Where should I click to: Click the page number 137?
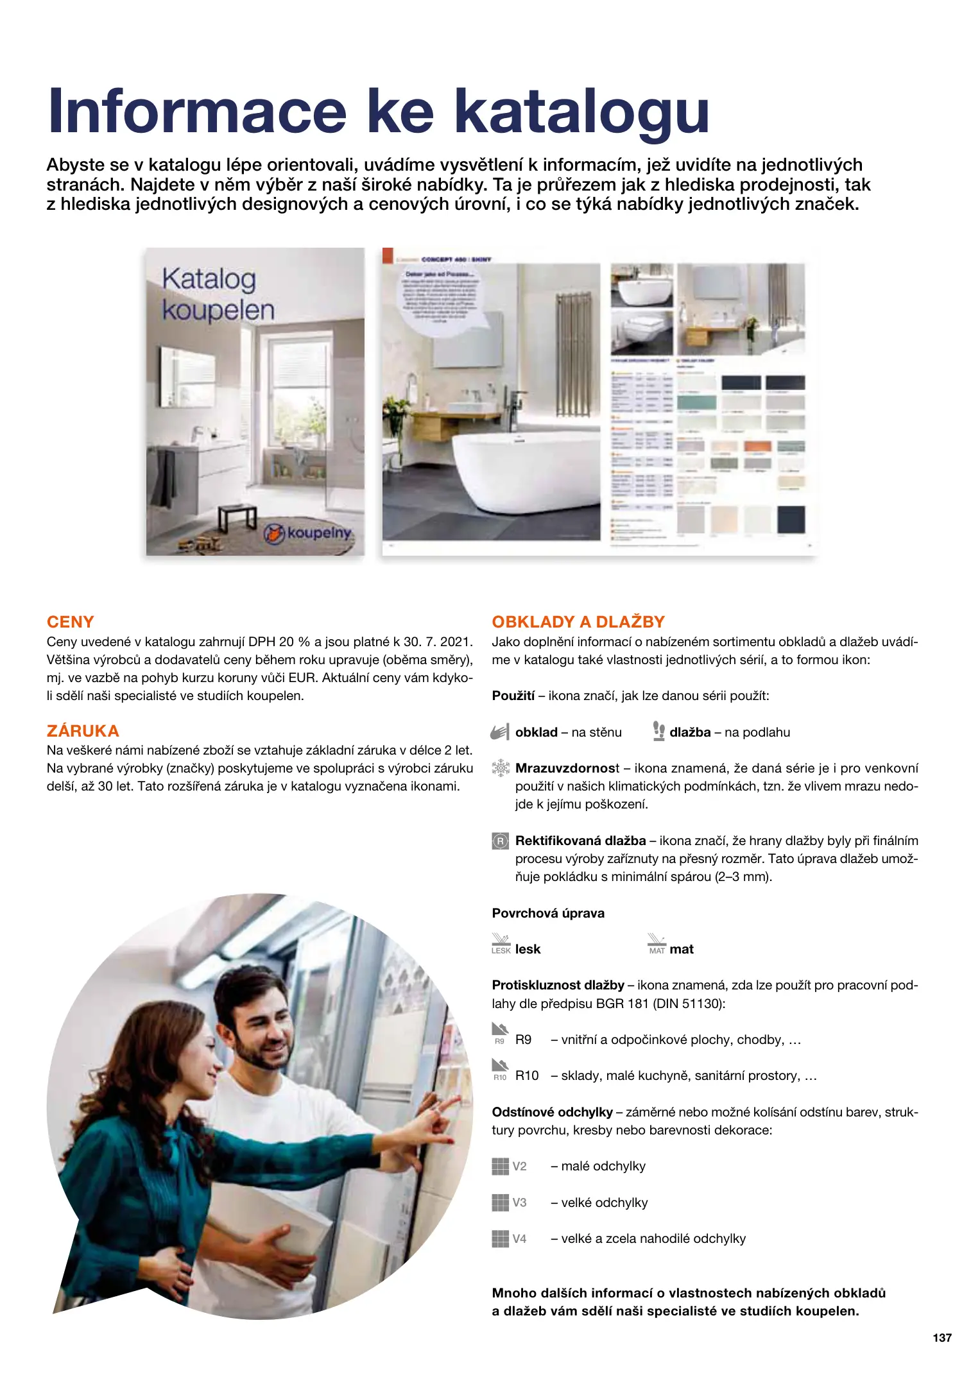click(941, 1337)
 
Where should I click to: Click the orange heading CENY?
click(71, 622)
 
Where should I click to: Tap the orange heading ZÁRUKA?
click(83, 731)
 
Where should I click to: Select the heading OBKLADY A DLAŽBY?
click(578, 622)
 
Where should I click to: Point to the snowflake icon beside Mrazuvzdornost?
click(500, 768)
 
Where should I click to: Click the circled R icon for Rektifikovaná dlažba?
click(500, 841)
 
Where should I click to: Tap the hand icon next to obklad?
click(500, 732)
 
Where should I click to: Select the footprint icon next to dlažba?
click(658, 732)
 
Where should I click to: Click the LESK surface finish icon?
click(501, 944)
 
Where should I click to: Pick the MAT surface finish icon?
click(657, 944)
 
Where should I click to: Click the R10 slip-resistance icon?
click(500, 1070)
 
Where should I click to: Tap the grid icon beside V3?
click(500, 1202)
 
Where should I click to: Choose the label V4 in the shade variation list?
click(519, 1239)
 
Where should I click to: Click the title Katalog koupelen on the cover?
click(218, 295)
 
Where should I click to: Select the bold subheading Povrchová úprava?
click(548, 913)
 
